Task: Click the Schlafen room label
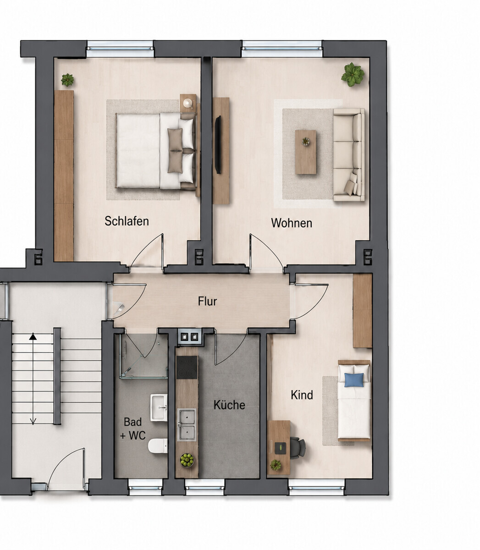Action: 127,221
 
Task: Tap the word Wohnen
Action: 292,223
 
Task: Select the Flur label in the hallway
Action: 207,301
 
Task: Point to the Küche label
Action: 229,405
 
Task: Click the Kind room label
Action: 302,395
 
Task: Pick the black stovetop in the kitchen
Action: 187,368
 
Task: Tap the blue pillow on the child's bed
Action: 354,380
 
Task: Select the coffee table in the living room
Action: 306,152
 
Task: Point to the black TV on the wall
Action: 218,145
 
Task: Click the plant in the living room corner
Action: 353,74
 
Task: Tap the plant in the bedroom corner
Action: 67,80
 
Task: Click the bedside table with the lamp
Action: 188,103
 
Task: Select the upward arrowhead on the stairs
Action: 33,336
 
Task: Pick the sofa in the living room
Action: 349,155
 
